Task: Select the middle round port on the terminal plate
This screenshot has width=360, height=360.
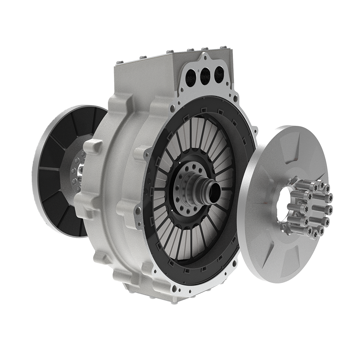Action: point(206,74)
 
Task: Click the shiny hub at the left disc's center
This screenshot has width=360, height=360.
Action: point(82,172)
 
